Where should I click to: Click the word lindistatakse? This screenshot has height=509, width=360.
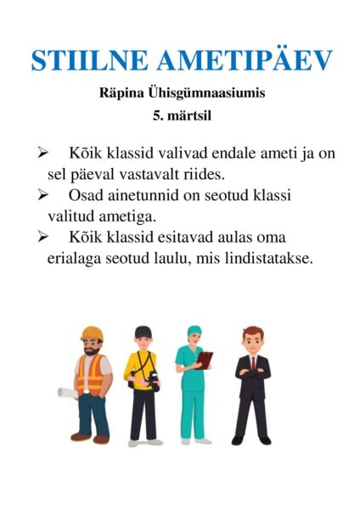(272, 257)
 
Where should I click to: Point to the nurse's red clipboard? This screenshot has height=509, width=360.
(205, 360)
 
